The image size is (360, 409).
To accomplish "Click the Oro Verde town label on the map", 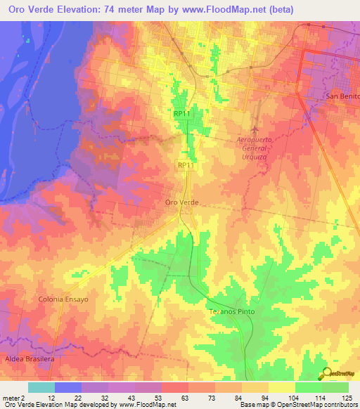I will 182,202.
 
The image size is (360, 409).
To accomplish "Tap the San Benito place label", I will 342,96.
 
